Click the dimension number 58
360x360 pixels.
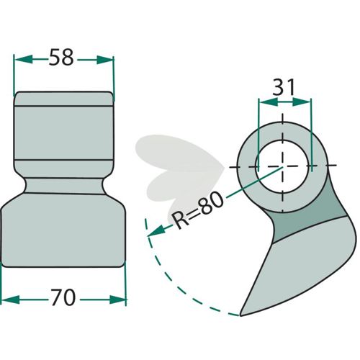coord(61,57)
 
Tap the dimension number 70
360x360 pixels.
coord(63,297)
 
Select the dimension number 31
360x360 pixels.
coord(284,87)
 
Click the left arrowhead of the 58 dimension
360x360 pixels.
coord(23,59)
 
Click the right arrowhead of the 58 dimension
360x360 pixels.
coord(105,60)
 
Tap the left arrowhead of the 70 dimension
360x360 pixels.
coord(10,300)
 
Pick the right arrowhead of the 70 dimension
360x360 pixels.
coord(117,300)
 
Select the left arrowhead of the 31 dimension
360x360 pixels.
coord(268,102)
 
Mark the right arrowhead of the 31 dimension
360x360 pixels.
coord(302,102)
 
